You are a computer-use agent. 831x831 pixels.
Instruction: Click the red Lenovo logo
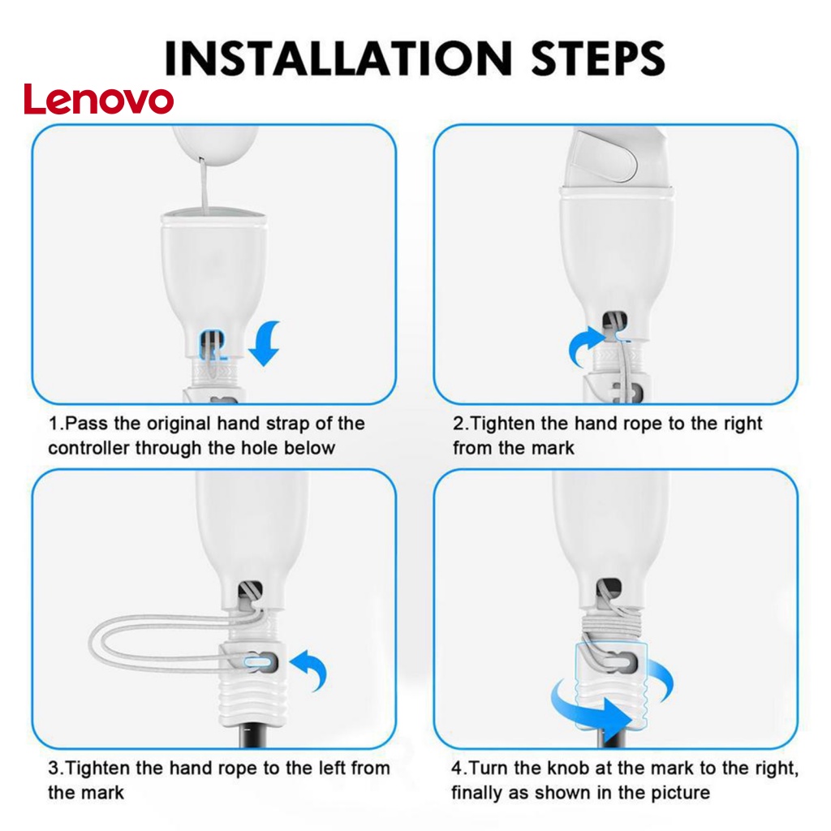(98, 99)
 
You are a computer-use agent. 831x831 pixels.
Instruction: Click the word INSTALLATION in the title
(338, 58)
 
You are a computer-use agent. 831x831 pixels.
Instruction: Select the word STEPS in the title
(597, 58)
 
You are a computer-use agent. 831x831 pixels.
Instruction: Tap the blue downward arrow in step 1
(266, 342)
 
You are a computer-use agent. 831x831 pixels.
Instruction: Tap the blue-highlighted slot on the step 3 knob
(258, 661)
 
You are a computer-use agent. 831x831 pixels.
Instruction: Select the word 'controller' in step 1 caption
(88, 448)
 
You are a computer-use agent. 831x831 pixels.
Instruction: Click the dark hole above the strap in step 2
(615, 320)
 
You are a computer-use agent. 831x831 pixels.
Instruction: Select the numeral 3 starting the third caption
(53, 768)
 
